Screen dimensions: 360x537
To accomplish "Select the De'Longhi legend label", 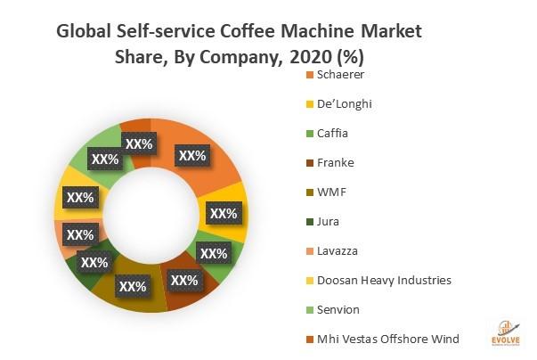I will pyautogui.click(x=338, y=104).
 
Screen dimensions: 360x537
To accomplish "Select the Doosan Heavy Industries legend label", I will pyautogui.click(x=378, y=281).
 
